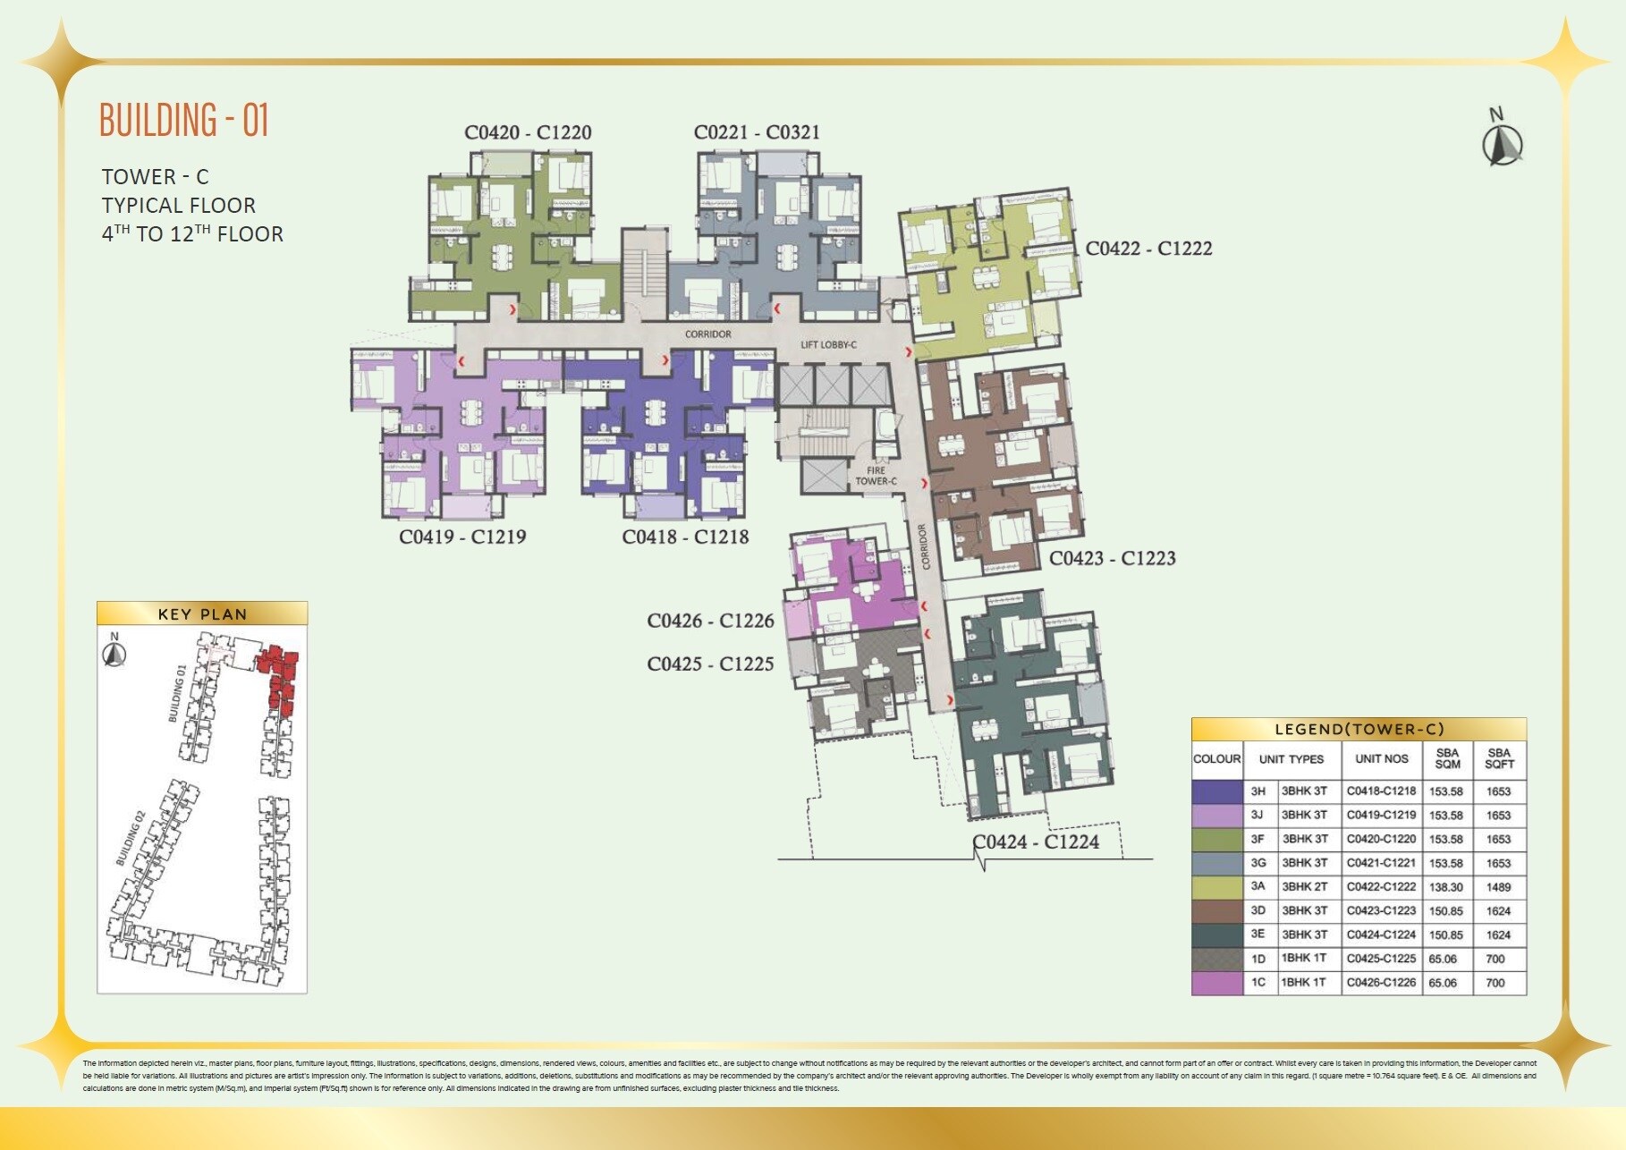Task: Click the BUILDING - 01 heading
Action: coord(184,120)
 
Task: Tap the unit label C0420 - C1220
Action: coord(528,132)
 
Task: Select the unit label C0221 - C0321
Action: coord(757,132)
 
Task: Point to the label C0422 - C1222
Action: coord(1148,249)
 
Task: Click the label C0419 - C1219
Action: coord(462,537)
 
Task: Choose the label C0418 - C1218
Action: coord(685,537)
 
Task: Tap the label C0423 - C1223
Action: coord(1112,558)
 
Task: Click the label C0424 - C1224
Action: coord(1036,841)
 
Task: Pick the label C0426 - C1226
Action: coord(710,621)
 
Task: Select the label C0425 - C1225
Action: coord(710,664)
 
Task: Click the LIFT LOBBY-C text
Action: coord(828,344)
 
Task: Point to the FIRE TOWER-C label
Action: coord(876,476)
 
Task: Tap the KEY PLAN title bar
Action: coord(202,613)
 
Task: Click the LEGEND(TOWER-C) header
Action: coord(1359,729)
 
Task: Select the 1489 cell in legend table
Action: coord(1498,887)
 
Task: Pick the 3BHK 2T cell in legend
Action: coord(1304,887)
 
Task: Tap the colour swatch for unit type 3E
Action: coord(1217,934)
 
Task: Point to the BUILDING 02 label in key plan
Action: coord(131,838)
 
